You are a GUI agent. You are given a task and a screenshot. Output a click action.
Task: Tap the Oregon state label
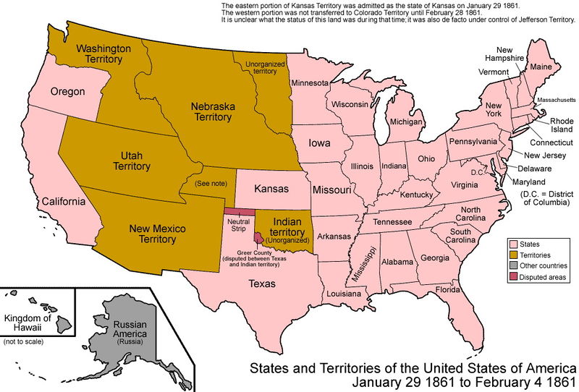[x=68, y=93]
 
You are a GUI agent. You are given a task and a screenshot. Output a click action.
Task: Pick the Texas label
[x=262, y=284]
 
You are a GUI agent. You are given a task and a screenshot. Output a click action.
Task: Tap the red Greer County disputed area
[x=258, y=237]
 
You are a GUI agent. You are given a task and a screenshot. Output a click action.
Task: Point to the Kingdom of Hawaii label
[x=28, y=323]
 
